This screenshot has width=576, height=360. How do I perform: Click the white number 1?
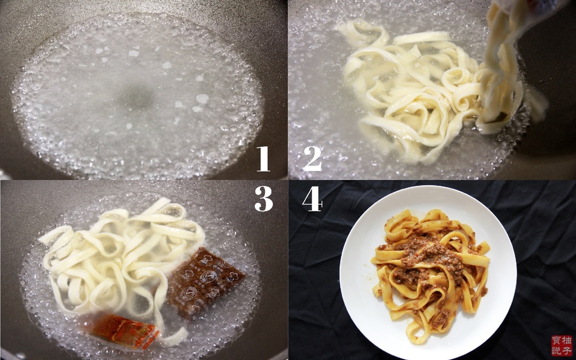pyautogui.click(x=263, y=159)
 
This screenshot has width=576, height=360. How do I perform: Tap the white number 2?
pyautogui.click(x=312, y=159)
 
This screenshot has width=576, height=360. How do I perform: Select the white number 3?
pyautogui.click(x=263, y=199)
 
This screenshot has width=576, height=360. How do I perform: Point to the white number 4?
pyautogui.click(x=312, y=199)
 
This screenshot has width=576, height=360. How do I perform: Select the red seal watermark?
pyautogui.click(x=562, y=346)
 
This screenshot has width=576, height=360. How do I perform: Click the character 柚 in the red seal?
pyautogui.click(x=566, y=340)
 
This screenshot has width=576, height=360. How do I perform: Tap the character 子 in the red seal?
pyautogui.click(x=566, y=351)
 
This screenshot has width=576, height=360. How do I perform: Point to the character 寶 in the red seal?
pyautogui.click(x=556, y=340)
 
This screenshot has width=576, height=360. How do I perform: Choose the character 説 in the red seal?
pyautogui.click(x=556, y=351)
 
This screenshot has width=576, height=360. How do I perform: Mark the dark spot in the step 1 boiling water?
pyautogui.click(x=136, y=97)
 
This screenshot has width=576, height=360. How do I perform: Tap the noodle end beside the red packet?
pyautogui.click(x=175, y=337)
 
